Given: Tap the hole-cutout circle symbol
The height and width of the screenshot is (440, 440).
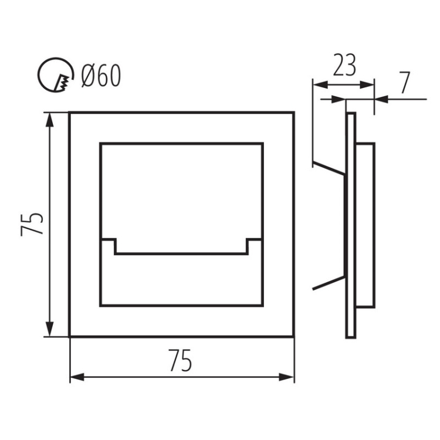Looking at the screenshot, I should tap(55, 75).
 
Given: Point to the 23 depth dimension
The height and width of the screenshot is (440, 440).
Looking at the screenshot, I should tap(344, 66).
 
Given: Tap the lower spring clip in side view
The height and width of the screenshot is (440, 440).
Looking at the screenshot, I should tap(329, 282).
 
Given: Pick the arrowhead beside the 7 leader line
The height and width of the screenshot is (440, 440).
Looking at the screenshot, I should tap(381, 99).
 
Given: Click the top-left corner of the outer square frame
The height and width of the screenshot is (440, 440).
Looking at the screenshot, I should tap(70, 112).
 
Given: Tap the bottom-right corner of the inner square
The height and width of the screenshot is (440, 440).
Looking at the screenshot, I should tap(262, 305).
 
